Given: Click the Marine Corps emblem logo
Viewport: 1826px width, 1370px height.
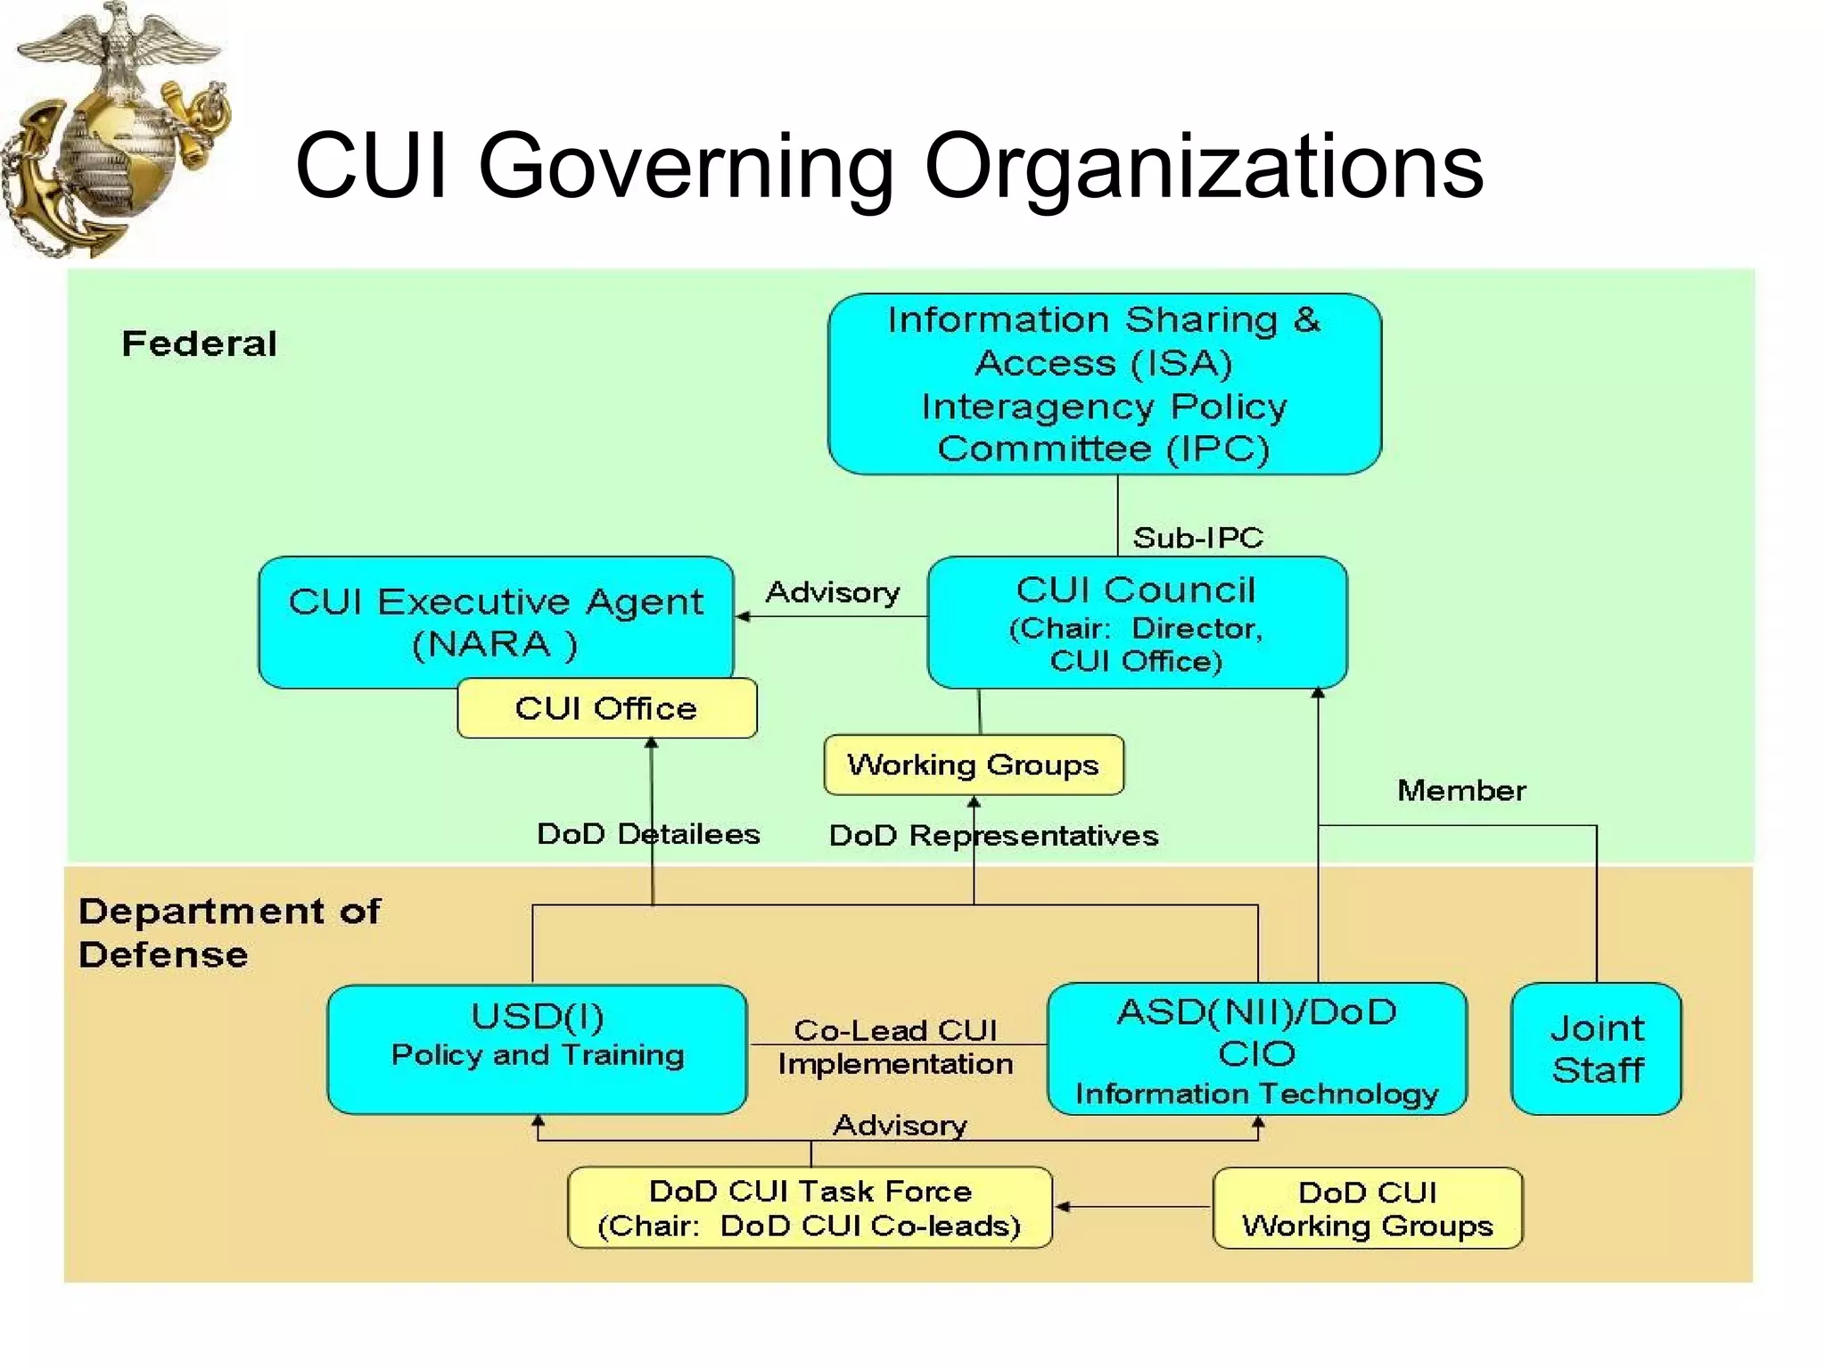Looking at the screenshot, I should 116,129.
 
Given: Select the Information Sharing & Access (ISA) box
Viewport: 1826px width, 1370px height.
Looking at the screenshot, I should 1104,384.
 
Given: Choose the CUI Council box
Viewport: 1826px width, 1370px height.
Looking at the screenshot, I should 1137,623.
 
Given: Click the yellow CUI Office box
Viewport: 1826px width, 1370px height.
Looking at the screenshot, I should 606,708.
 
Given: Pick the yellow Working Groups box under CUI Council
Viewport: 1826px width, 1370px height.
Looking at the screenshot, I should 973,764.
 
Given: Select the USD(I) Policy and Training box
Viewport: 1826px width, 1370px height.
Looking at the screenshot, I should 537,1048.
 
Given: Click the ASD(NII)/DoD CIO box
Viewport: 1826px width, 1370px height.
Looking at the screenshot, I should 1256,1049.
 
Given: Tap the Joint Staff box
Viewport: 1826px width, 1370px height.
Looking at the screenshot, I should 1596,1049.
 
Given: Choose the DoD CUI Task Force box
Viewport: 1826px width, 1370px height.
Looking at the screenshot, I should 810,1208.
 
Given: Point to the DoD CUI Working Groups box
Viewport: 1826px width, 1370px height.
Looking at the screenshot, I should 1368,1209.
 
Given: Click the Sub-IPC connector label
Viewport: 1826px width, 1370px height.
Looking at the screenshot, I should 1197,537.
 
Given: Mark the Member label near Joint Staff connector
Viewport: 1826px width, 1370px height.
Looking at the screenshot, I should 1461,790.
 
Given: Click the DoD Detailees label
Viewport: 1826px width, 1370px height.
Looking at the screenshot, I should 648,834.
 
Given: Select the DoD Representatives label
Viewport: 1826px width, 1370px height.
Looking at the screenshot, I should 993,836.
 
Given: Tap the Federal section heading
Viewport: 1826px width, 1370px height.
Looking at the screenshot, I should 199,344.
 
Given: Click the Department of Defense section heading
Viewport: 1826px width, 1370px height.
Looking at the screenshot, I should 228,932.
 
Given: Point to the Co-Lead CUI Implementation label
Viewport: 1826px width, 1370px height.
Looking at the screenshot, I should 895,1047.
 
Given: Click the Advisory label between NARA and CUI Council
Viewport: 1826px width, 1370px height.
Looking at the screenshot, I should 833,592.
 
